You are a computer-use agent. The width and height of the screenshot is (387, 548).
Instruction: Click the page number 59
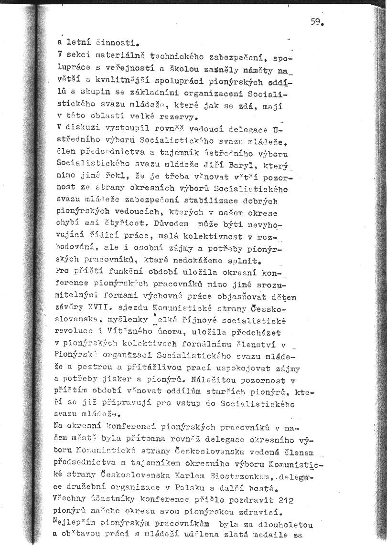pos(317,22)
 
